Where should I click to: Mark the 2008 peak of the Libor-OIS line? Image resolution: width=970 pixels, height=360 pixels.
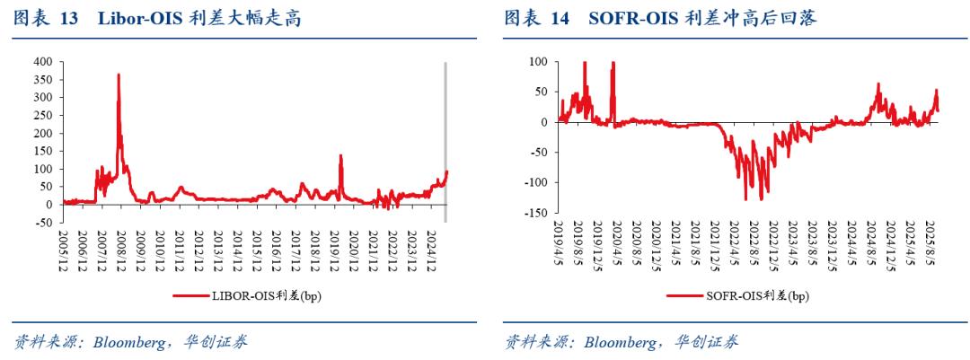pos(119,75)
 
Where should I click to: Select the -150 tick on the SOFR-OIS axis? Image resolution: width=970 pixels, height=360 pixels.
pos(537,214)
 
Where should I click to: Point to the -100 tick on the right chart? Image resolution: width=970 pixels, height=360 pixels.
pos(537,183)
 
